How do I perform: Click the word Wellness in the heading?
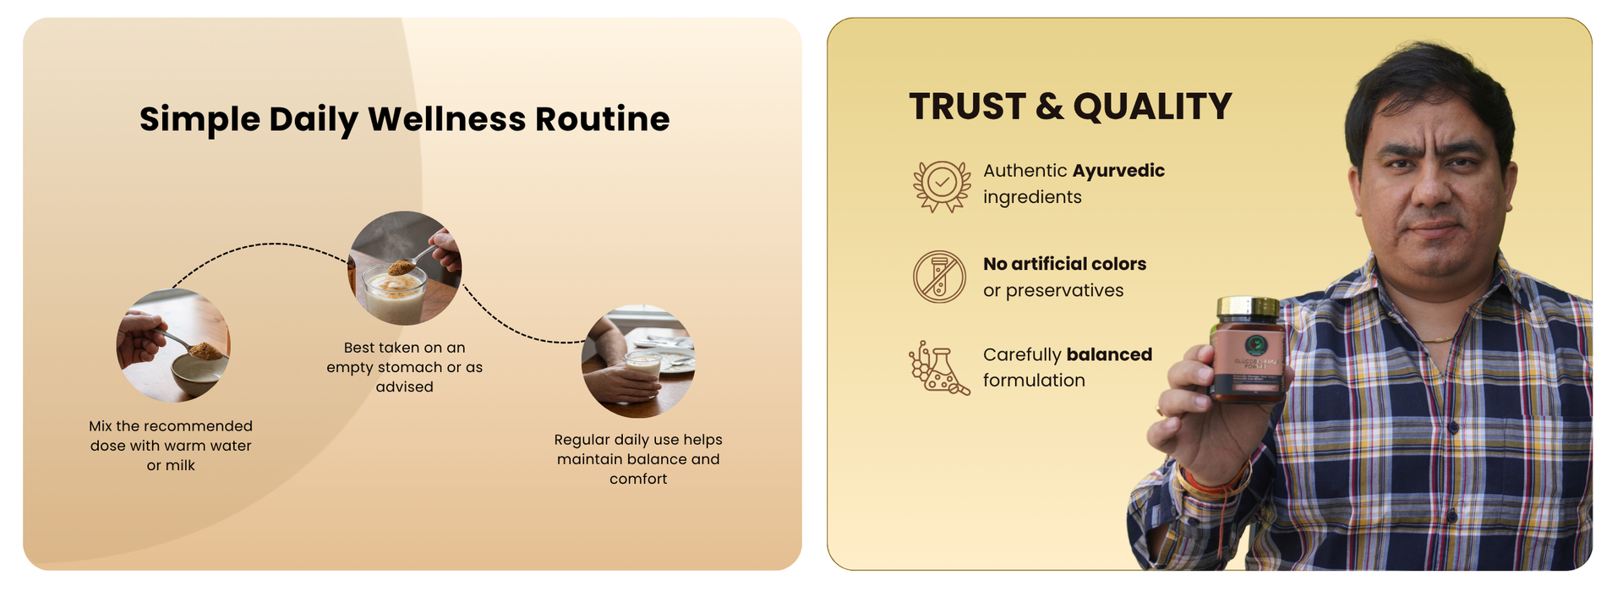click(446, 119)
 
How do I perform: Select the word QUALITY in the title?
click(1152, 107)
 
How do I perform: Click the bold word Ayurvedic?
click(1118, 171)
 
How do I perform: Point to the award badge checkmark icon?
click(941, 185)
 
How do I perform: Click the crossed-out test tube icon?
click(939, 277)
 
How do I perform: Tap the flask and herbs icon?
click(938, 368)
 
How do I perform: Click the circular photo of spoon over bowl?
click(173, 345)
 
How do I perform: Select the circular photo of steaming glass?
click(405, 268)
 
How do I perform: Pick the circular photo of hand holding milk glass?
click(638, 361)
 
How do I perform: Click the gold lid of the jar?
click(1247, 307)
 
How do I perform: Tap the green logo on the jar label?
click(1255, 345)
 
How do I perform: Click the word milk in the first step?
click(180, 466)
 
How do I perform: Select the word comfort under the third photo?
click(638, 480)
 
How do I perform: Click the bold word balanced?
click(1109, 355)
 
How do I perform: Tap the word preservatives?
click(1064, 291)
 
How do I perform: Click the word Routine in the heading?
click(602, 119)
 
